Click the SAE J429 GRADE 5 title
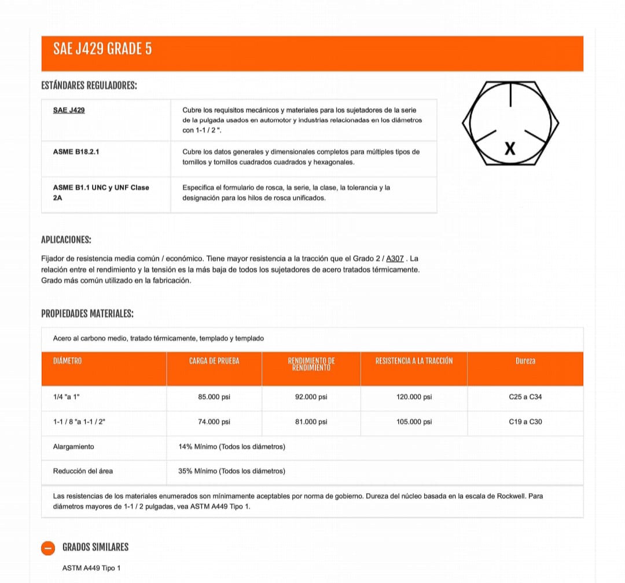pyautogui.click(x=102, y=49)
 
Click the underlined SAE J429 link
pyautogui.click(x=69, y=110)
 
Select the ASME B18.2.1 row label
pyautogui.click(x=80, y=152)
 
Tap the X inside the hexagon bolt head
pyautogui.click(x=509, y=149)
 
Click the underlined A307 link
pyautogui.click(x=395, y=259)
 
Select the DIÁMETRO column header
pyautogui.click(x=67, y=361)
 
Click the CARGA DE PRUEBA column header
pyautogui.click(x=214, y=361)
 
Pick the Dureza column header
pyautogui.click(x=525, y=361)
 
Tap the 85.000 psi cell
pyautogui.click(x=214, y=397)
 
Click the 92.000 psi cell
pyautogui.click(x=311, y=397)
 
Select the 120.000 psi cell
pyautogui.click(x=414, y=397)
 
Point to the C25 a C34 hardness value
pyautogui.click(x=525, y=397)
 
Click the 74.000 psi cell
pyautogui.click(x=214, y=422)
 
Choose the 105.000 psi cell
pyautogui.click(x=414, y=422)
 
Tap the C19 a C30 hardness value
pyautogui.click(x=525, y=422)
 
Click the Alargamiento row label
pyautogui.click(x=73, y=447)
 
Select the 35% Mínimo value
pyautogui.click(x=231, y=471)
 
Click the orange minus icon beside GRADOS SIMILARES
pyautogui.click(x=49, y=548)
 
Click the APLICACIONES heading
pyautogui.click(x=66, y=240)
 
